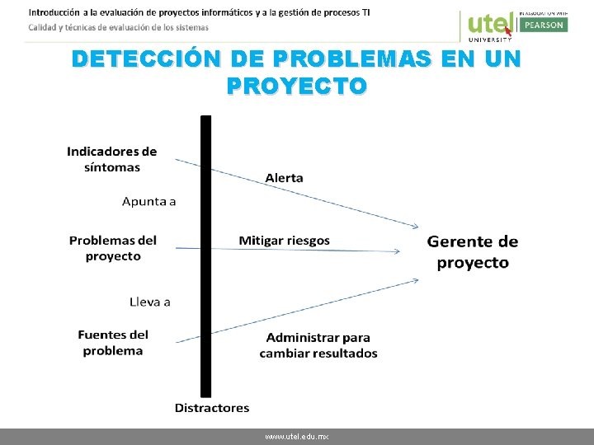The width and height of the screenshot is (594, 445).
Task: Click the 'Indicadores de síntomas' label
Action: tap(111, 159)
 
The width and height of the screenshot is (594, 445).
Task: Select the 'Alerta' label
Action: tap(284, 178)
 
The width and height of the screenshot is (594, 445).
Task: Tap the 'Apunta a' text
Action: tap(148, 201)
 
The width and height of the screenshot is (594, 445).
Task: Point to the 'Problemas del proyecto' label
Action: tap(113, 248)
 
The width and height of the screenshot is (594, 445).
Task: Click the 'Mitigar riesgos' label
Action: tap(284, 241)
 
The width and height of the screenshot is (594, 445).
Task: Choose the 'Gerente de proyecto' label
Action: tap(473, 252)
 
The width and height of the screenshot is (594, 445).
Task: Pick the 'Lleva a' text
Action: tap(150, 302)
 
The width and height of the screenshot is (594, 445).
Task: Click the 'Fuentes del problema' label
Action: tap(113, 342)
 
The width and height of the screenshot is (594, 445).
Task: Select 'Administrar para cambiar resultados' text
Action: tap(318, 345)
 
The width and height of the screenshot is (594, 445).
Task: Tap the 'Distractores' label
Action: tap(212, 408)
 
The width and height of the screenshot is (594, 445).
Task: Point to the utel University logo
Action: tap(489, 26)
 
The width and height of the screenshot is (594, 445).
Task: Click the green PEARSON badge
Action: tap(543, 25)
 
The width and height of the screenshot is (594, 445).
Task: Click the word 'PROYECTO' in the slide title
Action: tap(296, 86)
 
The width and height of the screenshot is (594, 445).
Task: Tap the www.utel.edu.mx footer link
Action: tap(297, 437)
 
